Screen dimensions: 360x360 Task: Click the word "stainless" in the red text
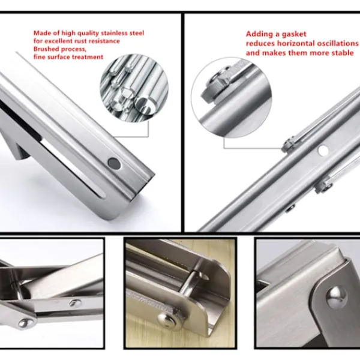114,33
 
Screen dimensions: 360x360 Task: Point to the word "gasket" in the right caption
294,34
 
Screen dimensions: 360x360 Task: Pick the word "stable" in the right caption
343,53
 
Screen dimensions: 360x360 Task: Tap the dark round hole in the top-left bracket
114,163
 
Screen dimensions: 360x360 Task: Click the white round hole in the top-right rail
323,151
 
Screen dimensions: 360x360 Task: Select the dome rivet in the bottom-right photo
337,297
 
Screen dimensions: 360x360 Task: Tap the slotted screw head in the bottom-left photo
76,303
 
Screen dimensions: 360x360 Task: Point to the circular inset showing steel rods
134,88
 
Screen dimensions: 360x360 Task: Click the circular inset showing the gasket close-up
231,98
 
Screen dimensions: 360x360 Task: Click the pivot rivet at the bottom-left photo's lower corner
26,323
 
